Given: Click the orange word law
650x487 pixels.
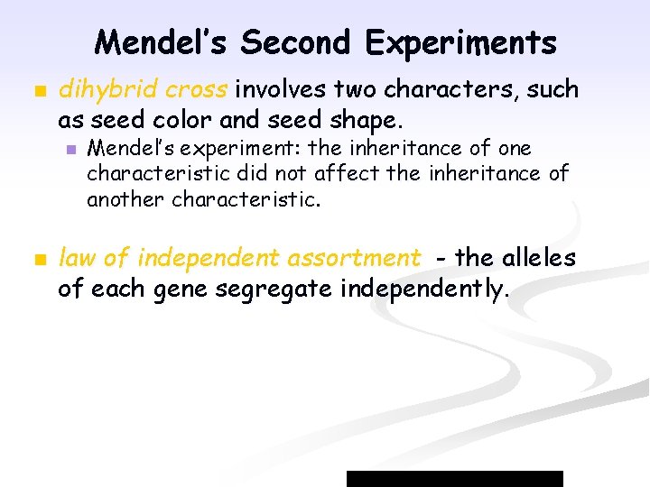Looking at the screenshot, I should click(x=78, y=259).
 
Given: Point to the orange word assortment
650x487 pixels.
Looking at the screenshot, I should click(x=354, y=259).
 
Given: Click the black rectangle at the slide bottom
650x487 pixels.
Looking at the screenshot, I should click(x=455, y=478).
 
